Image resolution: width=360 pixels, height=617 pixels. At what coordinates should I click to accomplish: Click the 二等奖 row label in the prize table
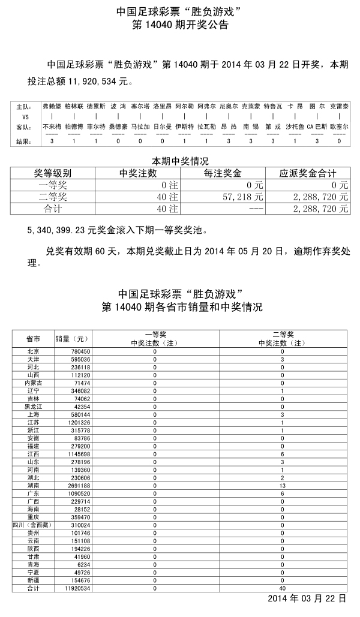(53, 197)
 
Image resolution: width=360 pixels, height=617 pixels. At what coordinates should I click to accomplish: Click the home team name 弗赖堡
(52, 106)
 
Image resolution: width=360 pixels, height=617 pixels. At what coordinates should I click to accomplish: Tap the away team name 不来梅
(52, 127)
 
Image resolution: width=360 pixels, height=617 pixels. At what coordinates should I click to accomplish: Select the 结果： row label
(23, 141)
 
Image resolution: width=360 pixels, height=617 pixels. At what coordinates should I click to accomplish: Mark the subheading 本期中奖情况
(179, 161)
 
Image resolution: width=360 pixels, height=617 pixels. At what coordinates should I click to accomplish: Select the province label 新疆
(33, 581)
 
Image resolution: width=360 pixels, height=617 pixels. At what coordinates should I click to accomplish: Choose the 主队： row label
(23, 106)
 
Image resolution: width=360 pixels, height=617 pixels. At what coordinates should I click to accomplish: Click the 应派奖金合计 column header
(307, 173)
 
